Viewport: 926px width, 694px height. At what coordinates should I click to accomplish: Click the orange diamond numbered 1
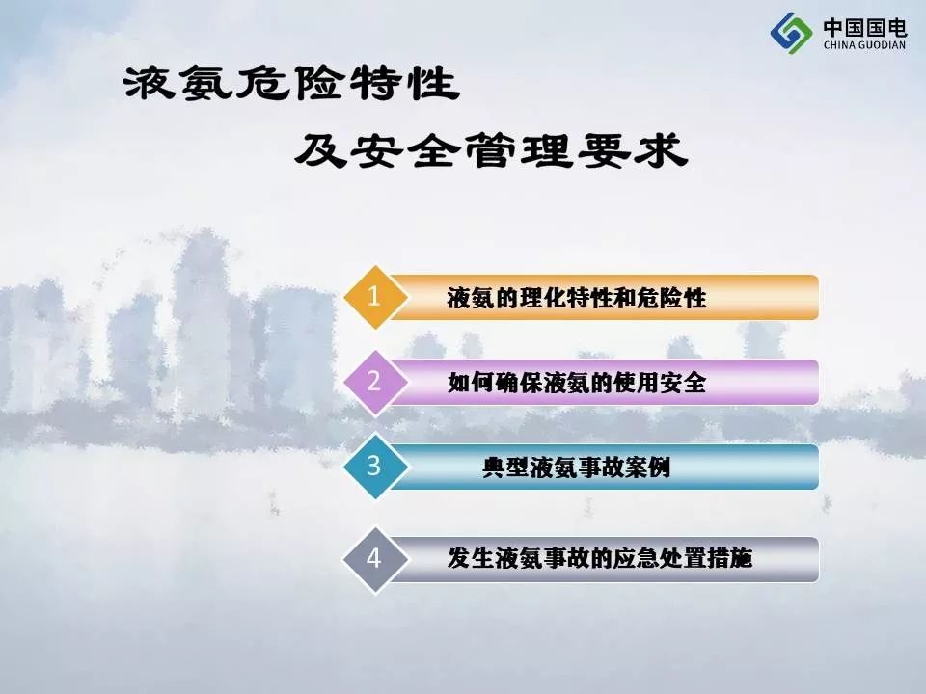pos(374,297)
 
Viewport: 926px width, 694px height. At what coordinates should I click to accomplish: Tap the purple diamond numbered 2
pos(374,383)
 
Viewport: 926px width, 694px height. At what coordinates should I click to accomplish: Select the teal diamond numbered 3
pos(374,467)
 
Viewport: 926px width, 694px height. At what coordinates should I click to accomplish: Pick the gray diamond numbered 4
pos(374,559)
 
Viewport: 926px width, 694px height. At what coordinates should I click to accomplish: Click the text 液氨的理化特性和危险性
pos(577,298)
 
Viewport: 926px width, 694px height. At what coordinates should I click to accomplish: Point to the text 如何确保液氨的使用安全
pos(577,383)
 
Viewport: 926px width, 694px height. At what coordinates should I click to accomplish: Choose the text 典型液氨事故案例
pos(577,468)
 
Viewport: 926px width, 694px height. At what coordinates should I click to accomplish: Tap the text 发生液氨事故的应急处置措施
pos(600,558)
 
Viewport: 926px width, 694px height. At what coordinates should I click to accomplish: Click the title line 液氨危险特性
pos(291,83)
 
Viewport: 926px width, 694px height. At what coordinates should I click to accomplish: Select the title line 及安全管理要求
pos(491,150)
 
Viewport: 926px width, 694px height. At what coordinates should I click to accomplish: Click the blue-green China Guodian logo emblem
pos(791,33)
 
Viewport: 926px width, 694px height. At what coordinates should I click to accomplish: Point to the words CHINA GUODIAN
pos(864,45)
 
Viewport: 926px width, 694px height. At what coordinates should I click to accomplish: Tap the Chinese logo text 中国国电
pos(865,27)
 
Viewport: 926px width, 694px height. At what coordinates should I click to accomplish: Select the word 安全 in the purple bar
pos(683,383)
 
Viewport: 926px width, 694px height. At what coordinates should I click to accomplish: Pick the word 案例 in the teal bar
pos(648,468)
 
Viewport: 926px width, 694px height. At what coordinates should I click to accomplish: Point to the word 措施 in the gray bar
pos(730,558)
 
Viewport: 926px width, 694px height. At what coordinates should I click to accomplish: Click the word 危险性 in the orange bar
pos(671,298)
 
